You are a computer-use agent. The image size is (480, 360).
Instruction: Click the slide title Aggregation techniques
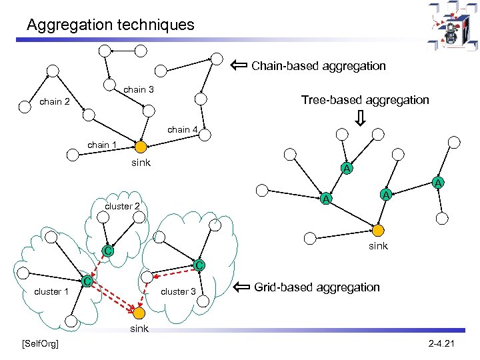111,25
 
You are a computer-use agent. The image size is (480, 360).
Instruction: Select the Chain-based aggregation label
319,65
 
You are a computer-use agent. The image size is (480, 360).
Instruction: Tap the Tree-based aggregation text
365,100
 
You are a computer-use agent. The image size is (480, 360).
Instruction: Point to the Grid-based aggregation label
317,287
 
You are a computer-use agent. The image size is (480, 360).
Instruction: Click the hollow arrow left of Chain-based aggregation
238,65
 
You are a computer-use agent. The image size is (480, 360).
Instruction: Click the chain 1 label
103,145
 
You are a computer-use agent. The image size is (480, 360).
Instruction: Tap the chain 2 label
55,102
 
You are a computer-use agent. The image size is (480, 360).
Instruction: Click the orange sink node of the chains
140,147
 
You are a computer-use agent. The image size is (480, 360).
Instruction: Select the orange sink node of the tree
378,231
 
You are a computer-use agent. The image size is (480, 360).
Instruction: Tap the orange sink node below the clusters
139,313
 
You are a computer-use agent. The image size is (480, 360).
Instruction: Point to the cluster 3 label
179,291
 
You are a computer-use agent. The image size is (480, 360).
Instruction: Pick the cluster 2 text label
122,206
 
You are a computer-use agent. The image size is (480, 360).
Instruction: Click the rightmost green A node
438,183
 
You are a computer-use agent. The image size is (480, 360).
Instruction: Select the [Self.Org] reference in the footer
40,343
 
